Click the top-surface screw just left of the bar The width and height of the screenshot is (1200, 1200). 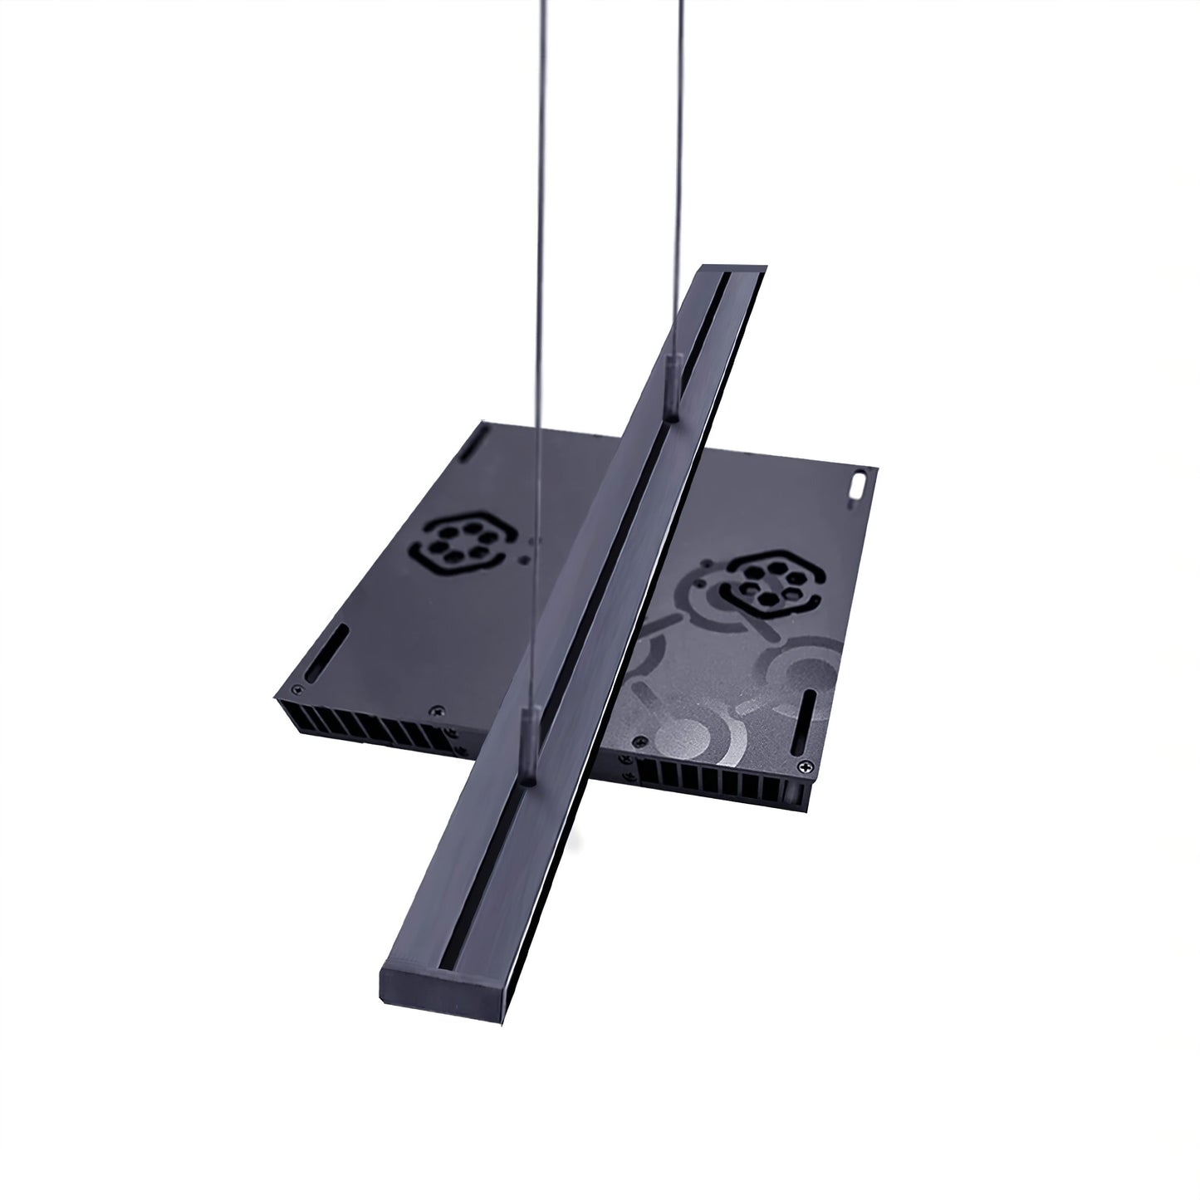click(433, 711)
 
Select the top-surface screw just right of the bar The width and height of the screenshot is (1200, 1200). click(637, 742)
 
